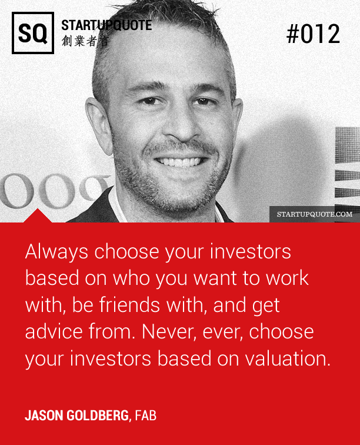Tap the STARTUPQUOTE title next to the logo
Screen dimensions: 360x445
coord(106,25)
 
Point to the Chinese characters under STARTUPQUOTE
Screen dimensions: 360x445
coord(85,41)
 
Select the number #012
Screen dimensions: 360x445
coord(313,34)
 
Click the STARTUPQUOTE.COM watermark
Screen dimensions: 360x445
coord(315,214)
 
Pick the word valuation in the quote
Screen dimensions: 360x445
coord(288,358)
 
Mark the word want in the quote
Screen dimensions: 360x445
coord(215,278)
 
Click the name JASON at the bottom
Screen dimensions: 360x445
coord(44,416)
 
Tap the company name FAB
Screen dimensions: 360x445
coord(145,416)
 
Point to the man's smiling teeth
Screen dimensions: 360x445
coord(179,162)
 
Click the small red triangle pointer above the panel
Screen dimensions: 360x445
coord(38,215)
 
